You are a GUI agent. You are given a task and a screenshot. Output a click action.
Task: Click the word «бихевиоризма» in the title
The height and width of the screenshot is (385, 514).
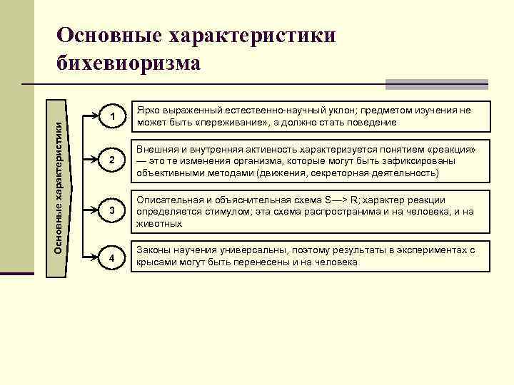128,63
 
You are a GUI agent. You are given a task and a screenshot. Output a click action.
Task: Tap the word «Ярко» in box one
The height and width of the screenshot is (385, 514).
148,111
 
